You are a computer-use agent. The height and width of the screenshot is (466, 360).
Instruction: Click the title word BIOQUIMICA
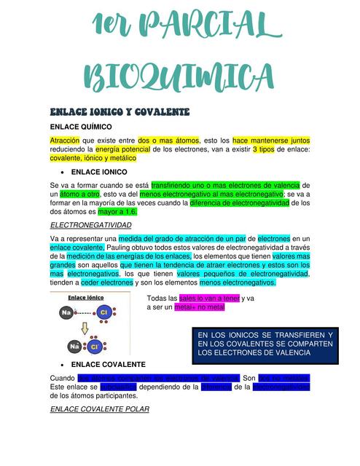(x=180, y=76)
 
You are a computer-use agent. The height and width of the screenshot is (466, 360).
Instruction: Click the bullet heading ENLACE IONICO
(x=99, y=172)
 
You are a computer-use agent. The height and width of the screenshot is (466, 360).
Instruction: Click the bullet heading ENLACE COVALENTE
(x=109, y=364)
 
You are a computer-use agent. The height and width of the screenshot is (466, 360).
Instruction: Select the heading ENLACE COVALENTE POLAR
(x=100, y=409)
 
